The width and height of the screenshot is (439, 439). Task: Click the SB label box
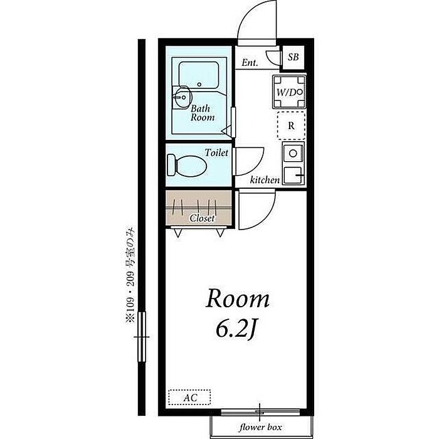[x=293, y=58]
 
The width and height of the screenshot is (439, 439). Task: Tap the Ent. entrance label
[x=250, y=63]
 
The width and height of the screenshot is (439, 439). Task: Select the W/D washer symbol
[x=289, y=92]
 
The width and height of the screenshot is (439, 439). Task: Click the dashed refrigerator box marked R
[x=291, y=125]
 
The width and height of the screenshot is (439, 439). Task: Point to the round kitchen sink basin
[x=293, y=153]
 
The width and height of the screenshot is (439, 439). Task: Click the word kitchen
[x=265, y=180]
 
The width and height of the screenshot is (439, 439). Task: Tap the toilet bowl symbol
[x=187, y=166]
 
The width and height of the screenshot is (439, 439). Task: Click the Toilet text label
[x=216, y=152]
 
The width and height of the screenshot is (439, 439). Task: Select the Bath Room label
[x=203, y=113]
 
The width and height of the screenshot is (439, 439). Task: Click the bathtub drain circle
[x=199, y=84]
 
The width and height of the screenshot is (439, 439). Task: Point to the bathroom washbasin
[x=182, y=97]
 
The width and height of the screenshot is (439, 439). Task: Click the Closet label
[x=201, y=218]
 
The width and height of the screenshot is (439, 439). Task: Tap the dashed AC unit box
[x=189, y=397]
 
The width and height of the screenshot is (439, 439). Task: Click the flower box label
[x=260, y=427]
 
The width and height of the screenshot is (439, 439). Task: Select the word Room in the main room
[x=238, y=299]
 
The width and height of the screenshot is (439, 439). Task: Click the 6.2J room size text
[x=236, y=329]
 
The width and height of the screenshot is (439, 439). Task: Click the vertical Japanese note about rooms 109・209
[x=130, y=275]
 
